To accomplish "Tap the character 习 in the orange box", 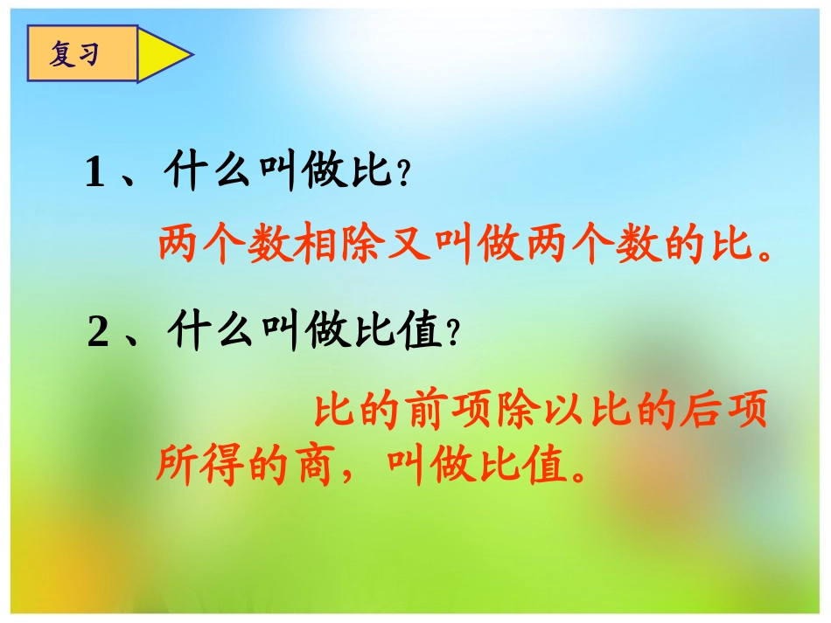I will pos(88,55).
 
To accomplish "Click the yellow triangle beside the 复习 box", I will pos(162,54).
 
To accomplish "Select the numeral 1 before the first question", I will pos(94,174).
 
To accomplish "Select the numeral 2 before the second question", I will pos(98,334).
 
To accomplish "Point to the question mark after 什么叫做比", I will pos(403,176).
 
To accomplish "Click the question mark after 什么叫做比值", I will pos(452,335).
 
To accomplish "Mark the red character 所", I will pos(178,467).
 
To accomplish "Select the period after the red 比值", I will pos(576,477).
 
